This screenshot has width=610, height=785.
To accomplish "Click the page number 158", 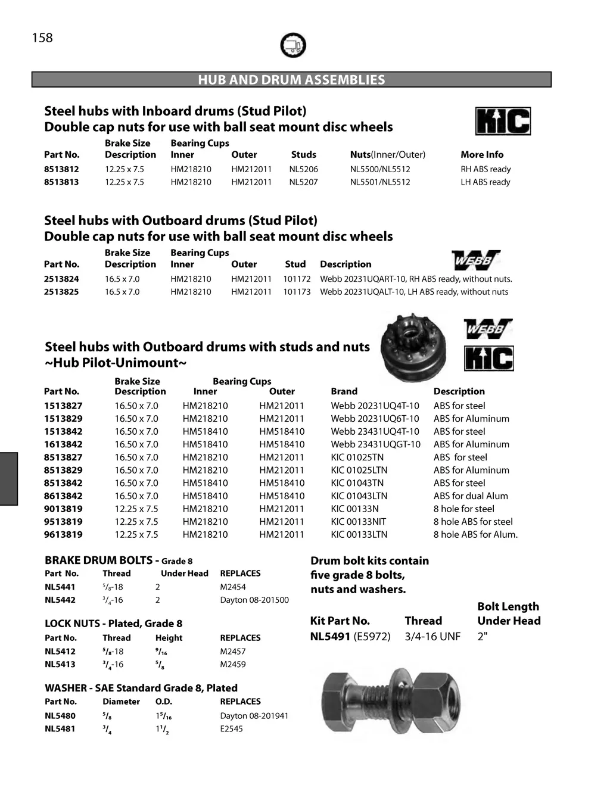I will (42, 38).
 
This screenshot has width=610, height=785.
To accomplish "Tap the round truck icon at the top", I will (292, 45).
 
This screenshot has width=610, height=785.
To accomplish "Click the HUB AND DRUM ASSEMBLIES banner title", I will (291, 80).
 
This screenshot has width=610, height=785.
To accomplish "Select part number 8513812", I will (61, 169).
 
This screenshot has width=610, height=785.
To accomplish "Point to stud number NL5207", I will (304, 182).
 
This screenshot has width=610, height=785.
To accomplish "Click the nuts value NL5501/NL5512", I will (380, 182).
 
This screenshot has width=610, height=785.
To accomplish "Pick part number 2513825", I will (61, 292).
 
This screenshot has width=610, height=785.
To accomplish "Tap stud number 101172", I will (297, 279).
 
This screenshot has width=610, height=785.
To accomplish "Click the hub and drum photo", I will (413, 347).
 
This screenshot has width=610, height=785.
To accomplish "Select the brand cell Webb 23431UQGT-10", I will (375, 444).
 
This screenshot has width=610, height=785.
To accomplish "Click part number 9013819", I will (63, 509).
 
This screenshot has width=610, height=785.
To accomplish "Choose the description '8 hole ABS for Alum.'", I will (475, 534).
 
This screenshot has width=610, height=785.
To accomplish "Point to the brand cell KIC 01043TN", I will (357, 483).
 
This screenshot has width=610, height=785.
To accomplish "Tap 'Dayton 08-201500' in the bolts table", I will (254, 600).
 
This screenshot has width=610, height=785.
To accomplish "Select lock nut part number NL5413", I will (60, 664).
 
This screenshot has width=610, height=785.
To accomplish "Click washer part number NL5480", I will (60, 716).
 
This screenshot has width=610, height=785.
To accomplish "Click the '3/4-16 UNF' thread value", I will (432, 637).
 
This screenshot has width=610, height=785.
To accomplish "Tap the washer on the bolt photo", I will (395, 700).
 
